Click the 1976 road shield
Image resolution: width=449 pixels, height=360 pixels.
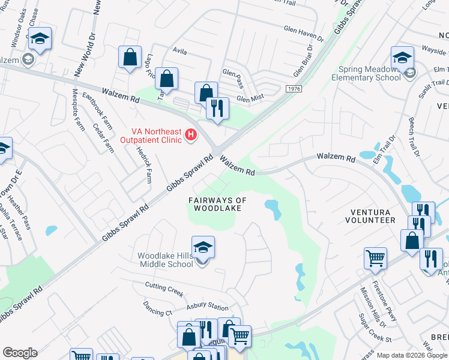pos(294,89)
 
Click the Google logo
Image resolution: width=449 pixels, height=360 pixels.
pos(20,353)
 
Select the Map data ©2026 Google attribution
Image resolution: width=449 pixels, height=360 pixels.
pos(412,355)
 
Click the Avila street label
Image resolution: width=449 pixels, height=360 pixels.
pos(180,52)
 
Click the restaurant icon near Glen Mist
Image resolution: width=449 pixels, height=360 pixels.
pos(217,109)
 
